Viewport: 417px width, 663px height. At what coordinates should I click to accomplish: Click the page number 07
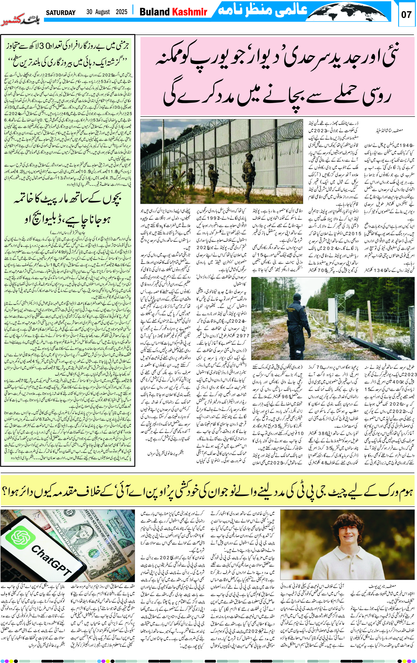[406, 15]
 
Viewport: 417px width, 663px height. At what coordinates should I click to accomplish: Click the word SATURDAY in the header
[61, 12]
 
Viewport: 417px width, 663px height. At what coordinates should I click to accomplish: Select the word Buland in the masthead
[154, 12]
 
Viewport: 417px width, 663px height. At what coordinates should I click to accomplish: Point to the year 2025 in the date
[121, 12]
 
